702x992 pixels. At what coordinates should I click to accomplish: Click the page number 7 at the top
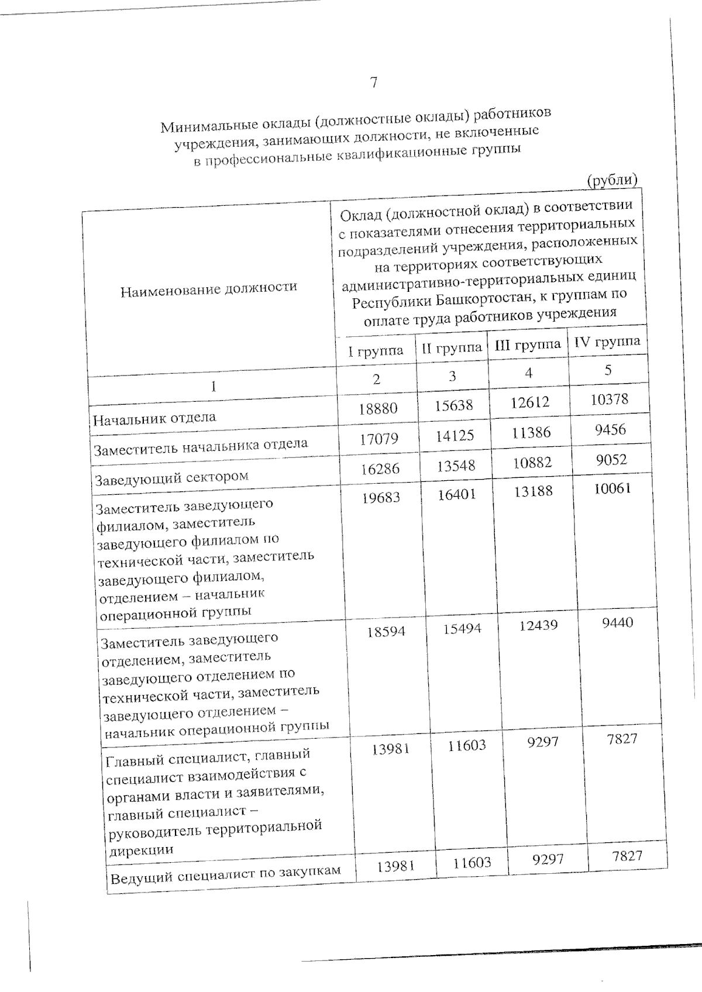(x=373, y=83)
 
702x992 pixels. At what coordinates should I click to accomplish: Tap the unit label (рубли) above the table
(x=611, y=180)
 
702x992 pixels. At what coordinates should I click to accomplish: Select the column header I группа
(x=376, y=351)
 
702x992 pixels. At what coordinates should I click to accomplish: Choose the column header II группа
(x=452, y=347)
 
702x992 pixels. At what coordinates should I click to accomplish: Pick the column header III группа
(x=528, y=345)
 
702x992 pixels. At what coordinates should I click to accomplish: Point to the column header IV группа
(x=607, y=341)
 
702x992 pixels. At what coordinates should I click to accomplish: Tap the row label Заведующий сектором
(x=171, y=477)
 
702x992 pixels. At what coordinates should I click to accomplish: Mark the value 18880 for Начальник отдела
(x=378, y=408)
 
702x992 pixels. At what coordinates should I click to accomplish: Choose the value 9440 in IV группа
(x=617, y=622)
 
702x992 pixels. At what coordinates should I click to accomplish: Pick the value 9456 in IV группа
(x=610, y=430)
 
